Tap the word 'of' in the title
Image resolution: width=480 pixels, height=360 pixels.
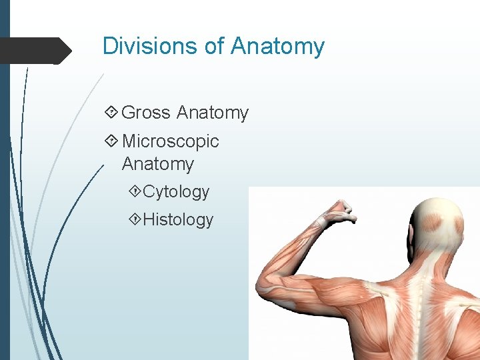(209, 46)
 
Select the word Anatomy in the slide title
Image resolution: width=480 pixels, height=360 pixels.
(277, 46)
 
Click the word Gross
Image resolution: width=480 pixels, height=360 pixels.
(147, 113)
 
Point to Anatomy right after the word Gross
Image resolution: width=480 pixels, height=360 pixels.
(213, 113)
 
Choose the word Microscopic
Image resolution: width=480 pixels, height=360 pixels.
(170, 141)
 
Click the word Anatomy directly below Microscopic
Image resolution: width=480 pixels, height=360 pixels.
(158, 164)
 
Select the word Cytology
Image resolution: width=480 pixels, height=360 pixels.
(176, 192)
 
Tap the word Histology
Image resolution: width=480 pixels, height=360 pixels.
(178, 220)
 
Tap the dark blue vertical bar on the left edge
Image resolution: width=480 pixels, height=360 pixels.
(5, 180)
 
